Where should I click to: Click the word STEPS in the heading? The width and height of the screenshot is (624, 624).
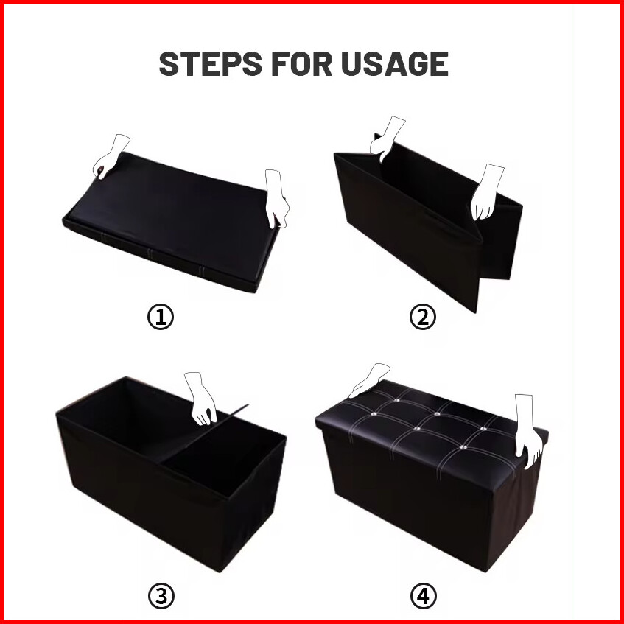pos(210,63)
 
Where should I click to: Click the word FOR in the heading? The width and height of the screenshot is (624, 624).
pos(301,63)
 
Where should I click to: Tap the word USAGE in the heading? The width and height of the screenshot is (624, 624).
pos(395,63)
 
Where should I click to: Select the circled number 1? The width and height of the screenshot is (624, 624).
pos(161,317)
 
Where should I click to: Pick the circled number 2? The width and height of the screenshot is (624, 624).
pos(423,317)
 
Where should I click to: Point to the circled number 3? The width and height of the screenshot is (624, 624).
pos(161,596)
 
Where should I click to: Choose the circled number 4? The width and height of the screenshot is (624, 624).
pos(423,596)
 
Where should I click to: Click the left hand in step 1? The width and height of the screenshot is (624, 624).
pos(110,157)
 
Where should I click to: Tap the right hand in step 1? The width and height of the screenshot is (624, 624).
pos(276,199)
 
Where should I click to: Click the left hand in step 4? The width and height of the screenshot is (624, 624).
pos(368,379)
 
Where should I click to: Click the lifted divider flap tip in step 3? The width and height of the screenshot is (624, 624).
pos(248,405)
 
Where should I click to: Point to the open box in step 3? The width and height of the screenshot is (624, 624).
pos(171,474)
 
